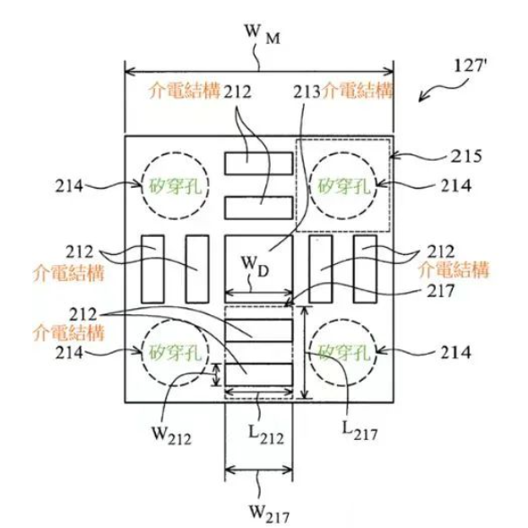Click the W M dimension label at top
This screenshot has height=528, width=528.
pyautogui.click(x=263, y=34)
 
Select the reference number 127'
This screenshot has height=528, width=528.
pyautogui.click(x=470, y=66)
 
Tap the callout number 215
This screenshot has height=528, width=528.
pyautogui.click(x=466, y=156)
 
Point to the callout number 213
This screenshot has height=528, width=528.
pyautogui.click(x=307, y=92)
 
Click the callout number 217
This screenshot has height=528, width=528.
pyautogui.click(x=440, y=290)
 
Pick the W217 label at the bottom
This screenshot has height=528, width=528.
pyautogui.click(x=269, y=514)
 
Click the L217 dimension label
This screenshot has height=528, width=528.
pyautogui.click(x=359, y=432)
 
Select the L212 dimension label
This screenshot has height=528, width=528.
pyautogui.click(x=266, y=435)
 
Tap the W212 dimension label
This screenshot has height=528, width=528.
pyautogui.click(x=172, y=436)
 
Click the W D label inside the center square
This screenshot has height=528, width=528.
pyautogui.click(x=255, y=266)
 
